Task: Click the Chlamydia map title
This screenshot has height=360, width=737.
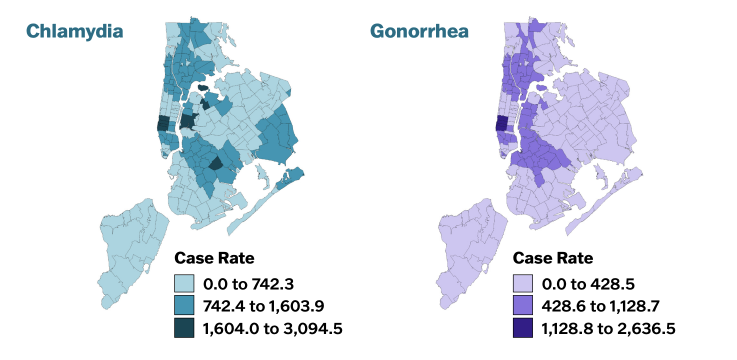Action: [x=74, y=31]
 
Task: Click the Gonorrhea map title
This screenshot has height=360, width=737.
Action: [x=419, y=31]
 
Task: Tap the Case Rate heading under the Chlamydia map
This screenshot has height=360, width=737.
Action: [x=214, y=258]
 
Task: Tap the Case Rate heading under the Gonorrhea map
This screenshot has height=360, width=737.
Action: [x=553, y=258]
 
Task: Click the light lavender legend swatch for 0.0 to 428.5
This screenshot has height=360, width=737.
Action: [x=523, y=284]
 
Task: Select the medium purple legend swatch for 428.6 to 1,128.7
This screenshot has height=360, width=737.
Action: [x=523, y=306]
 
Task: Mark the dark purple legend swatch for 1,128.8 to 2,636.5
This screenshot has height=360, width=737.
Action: [x=523, y=328]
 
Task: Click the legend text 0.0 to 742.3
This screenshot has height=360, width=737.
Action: [x=248, y=284]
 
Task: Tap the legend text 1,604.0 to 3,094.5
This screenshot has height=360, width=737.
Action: [x=272, y=328]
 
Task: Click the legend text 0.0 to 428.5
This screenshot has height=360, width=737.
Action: [x=588, y=284]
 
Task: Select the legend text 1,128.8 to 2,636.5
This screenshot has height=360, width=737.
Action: [x=608, y=328]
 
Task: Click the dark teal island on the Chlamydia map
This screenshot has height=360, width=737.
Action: [x=202, y=87]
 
